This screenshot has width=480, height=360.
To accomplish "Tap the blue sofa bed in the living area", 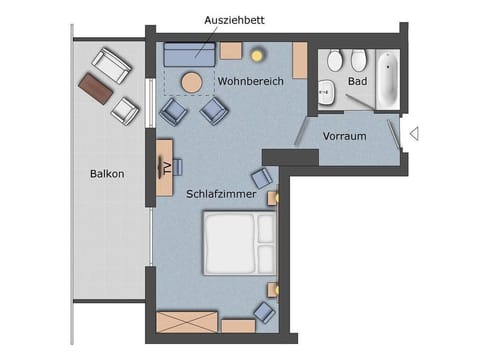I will click(x=191, y=54).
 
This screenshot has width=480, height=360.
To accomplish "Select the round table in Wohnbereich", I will click(x=191, y=81).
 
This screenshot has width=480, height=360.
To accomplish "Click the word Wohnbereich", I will click(x=251, y=80).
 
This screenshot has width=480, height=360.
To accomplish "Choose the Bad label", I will click(x=358, y=80).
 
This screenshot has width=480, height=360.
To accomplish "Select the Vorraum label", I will click(x=345, y=136).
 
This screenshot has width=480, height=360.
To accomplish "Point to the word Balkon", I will click(x=107, y=174).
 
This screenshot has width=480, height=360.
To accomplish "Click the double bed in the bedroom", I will click(x=240, y=243).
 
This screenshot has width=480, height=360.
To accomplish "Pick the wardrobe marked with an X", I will click(x=187, y=322).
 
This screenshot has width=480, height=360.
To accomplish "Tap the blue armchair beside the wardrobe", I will click(x=263, y=313).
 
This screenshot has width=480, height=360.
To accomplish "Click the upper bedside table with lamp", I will click(x=271, y=198).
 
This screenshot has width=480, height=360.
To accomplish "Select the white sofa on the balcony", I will click(x=110, y=65).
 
